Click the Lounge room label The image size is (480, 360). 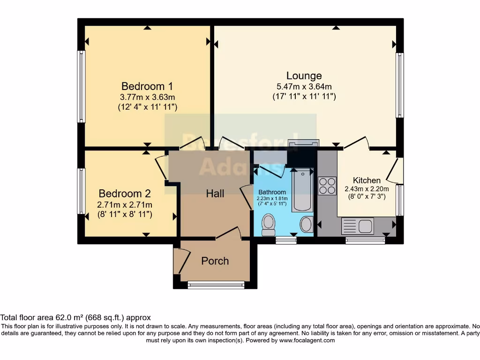pyautogui.click(x=304, y=75)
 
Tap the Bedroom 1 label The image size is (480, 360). pyautogui.click(x=147, y=86)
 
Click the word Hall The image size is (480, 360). pyautogui.click(x=215, y=193)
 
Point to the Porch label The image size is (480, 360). pyautogui.click(x=215, y=261)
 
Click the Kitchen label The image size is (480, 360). pyautogui.click(x=367, y=180)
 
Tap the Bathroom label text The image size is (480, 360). pyautogui.click(x=272, y=192)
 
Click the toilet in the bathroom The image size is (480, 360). pyautogui.click(x=269, y=225)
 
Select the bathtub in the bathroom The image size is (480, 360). pyautogui.click(x=302, y=190)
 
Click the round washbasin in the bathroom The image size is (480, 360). pyautogui.click(x=306, y=225)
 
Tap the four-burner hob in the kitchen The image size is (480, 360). pyautogui.click(x=327, y=186)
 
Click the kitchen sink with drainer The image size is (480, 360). pyautogui.click(x=358, y=226)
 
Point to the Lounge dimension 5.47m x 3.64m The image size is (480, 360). pyautogui.click(x=304, y=87)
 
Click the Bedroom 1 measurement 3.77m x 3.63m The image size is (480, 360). pyautogui.click(x=147, y=97)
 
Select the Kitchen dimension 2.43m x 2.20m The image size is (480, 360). pyautogui.click(x=367, y=189)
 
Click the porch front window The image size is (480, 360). pyautogui.click(x=216, y=285)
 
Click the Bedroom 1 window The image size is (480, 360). pyautogui.click(x=82, y=86)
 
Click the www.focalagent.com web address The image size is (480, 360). pyautogui.click(x=307, y=340)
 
